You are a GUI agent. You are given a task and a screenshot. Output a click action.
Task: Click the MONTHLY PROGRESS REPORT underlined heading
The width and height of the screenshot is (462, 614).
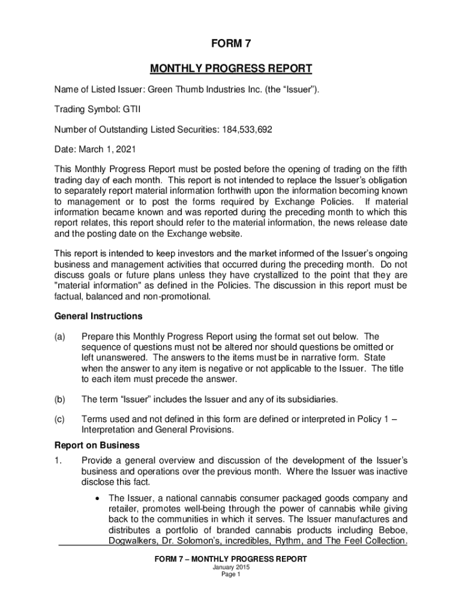click(231, 68)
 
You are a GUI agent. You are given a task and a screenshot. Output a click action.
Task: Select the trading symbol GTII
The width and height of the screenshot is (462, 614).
click(131, 110)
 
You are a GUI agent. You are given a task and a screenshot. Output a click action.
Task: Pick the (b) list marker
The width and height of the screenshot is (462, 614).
click(61, 399)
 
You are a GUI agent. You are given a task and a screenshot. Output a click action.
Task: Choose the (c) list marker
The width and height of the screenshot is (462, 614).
click(61, 420)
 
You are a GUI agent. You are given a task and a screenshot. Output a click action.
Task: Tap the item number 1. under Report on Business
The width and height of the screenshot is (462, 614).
click(58, 460)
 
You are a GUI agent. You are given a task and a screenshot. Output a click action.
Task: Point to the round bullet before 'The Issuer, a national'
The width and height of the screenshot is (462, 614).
click(97, 498)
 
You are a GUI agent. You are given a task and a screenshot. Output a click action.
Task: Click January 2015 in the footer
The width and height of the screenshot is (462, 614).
click(230, 567)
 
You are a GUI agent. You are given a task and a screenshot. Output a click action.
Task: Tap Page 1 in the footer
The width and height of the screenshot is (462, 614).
click(230, 574)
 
